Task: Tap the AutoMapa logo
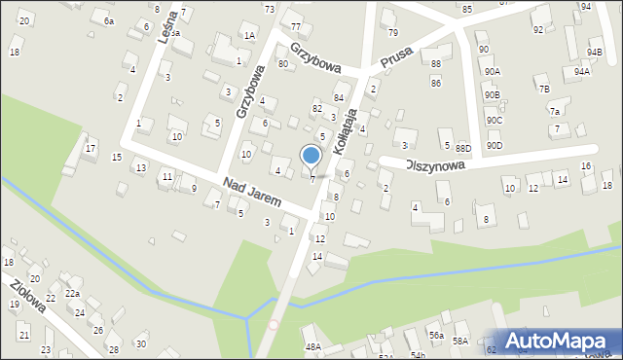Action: (x=557, y=340)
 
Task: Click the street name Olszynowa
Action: (x=435, y=165)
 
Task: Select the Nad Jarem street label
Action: (x=251, y=193)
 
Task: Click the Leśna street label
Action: (x=167, y=26)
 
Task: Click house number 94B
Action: (x=595, y=53)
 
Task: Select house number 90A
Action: (x=493, y=71)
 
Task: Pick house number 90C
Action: (x=495, y=121)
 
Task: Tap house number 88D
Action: (x=462, y=148)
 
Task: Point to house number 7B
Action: (x=543, y=89)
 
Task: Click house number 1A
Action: (x=249, y=36)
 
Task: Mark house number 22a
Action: (x=72, y=293)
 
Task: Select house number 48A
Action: (x=312, y=346)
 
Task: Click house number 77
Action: (x=296, y=26)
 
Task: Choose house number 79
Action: (x=393, y=32)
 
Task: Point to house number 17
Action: (x=91, y=149)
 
